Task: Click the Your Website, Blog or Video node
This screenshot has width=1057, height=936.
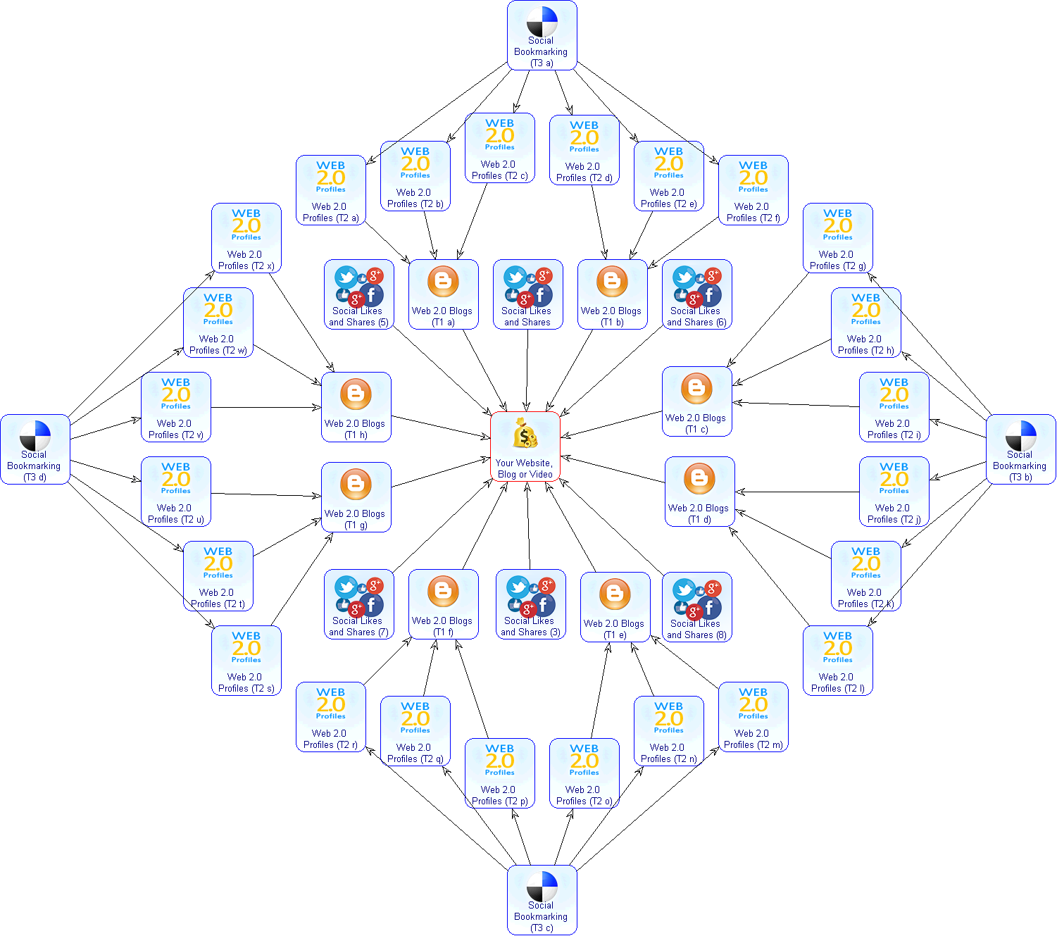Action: (525, 447)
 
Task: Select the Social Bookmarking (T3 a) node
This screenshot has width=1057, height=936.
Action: (542, 35)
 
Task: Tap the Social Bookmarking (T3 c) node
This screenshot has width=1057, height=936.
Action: (542, 900)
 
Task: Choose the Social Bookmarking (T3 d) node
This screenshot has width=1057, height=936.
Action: (35, 449)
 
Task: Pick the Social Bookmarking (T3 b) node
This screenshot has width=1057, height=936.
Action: (1020, 449)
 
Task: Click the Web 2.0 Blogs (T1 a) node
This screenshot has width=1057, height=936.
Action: (443, 294)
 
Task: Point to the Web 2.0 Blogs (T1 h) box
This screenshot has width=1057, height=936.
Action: (356, 407)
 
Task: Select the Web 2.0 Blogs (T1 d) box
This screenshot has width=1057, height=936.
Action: (699, 492)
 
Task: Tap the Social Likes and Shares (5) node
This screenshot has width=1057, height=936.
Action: (358, 294)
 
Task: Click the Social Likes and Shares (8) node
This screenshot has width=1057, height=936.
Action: (696, 607)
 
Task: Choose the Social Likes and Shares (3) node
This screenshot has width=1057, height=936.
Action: (530, 604)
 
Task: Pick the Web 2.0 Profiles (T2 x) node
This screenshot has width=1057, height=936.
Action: (246, 238)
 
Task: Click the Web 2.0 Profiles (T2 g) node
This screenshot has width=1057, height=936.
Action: (837, 238)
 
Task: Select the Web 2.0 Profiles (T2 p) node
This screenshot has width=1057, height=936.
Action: (499, 773)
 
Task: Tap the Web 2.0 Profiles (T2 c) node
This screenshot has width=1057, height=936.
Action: (499, 148)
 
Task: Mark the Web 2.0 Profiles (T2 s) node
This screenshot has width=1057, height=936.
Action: (246, 661)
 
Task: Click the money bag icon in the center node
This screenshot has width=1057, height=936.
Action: (525, 434)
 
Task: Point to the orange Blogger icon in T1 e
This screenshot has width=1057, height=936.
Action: (615, 594)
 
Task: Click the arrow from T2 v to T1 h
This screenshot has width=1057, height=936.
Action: (266, 407)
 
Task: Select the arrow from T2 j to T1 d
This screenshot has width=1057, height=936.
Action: (797, 492)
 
